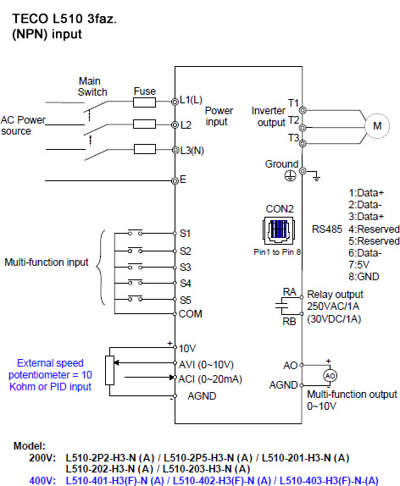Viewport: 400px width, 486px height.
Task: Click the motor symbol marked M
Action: point(377,126)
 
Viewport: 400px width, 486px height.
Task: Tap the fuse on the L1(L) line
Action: point(144,102)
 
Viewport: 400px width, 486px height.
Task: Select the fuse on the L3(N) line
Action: point(145,149)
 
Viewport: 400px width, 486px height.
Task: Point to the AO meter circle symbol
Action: point(330,376)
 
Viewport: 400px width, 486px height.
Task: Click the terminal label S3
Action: point(186,268)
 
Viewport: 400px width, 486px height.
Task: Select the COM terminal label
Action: point(190,314)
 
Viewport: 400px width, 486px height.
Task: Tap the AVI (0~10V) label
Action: point(206,364)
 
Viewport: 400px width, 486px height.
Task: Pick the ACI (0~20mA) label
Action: point(210,379)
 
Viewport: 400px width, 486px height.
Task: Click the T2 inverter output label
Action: point(293,120)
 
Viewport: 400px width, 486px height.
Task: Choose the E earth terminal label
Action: point(183,179)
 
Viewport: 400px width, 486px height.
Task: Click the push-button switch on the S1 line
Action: point(136,233)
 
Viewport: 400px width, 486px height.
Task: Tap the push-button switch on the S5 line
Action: point(136,298)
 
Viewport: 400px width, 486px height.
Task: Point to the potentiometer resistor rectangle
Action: point(109,370)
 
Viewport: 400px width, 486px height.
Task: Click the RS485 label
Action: point(327,229)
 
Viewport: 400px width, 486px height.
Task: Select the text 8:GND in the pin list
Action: point(364,277)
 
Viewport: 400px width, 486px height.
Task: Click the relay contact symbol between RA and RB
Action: point(281,307)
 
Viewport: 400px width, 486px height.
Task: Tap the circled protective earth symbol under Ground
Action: point(290,176)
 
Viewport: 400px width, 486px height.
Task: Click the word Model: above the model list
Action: point(30,446)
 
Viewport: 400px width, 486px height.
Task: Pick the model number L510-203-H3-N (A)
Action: point(207,469)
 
